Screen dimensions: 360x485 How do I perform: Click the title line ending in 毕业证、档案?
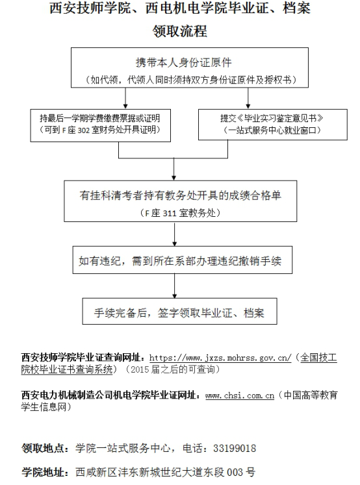click(180, 8)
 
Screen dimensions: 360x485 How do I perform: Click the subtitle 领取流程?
click(180, 31)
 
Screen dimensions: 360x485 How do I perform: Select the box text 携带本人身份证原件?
click(183, 63)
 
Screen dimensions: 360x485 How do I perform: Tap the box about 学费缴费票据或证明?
click(100, 125)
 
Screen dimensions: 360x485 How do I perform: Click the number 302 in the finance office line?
click(83, 131)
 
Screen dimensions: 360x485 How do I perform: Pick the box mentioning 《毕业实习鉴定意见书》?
click(273, 125)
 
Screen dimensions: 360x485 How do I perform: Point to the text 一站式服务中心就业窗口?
click(272, 131)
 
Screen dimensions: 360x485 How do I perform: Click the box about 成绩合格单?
click(181, 201)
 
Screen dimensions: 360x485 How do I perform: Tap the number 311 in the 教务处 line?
click(170, 213)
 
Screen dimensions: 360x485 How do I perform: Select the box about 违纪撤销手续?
click(183, 260)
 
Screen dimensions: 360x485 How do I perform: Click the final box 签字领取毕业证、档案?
click(179, 311)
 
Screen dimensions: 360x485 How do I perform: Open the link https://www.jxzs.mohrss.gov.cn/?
click(220, 358)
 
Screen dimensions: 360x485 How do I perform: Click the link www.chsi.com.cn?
click(240, 395)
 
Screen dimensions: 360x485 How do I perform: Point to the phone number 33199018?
click(235, 448)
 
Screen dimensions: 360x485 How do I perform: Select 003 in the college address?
click(235, 472)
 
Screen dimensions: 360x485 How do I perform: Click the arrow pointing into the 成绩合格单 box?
click(174, 169)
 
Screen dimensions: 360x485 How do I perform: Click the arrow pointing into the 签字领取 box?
click(175, 286)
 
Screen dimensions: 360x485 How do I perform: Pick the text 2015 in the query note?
click(140, 369)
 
